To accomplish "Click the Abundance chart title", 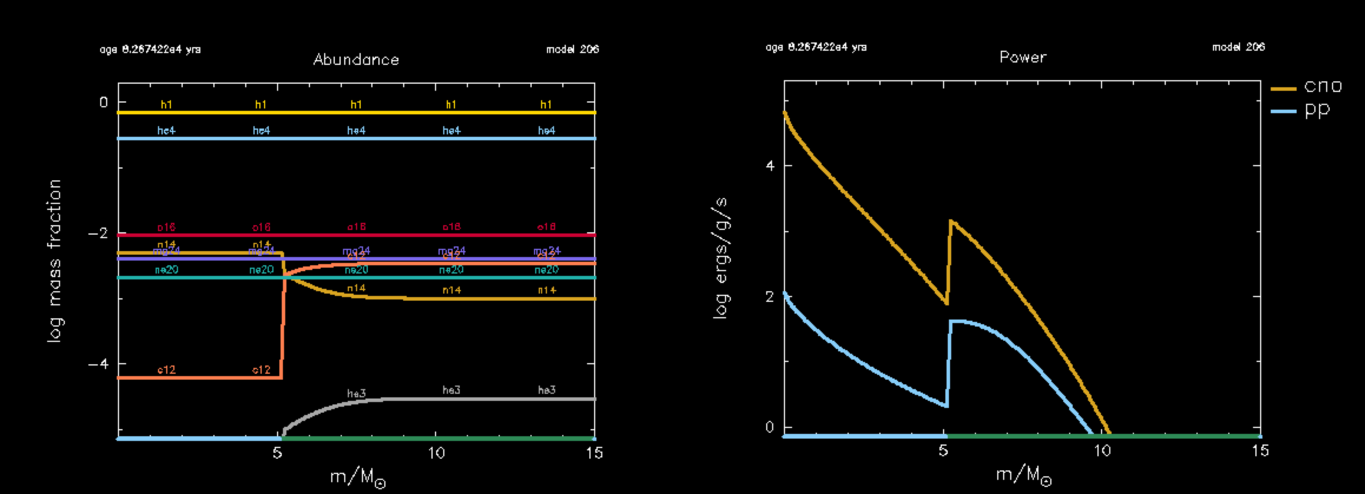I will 356,60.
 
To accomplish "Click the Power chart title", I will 1023,57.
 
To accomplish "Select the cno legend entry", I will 1323,87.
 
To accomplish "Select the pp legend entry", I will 1317,110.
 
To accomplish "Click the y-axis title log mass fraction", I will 54,261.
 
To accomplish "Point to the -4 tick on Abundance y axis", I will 99,364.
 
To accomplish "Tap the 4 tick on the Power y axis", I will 770,166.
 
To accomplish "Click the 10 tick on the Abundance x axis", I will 436,453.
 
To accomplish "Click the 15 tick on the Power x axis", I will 1260,451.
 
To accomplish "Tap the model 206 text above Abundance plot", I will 572,50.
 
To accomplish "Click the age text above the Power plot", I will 816,47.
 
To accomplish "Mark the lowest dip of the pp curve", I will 946,406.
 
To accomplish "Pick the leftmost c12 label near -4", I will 166,370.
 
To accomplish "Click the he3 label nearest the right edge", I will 546,390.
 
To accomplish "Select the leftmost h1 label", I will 166,104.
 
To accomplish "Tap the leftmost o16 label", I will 166,227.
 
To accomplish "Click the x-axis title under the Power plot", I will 1023,475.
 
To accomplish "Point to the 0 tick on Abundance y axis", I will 104,103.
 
